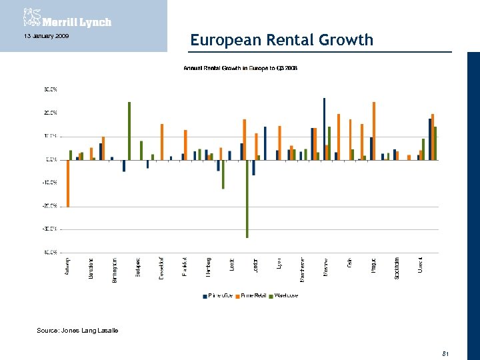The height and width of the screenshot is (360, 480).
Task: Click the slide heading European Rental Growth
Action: [281, 40]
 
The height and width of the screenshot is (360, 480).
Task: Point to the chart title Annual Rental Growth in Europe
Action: [241, 68]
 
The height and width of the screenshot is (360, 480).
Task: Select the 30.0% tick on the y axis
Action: [50, 89]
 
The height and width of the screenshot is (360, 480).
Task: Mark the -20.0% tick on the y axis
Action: [50, 206]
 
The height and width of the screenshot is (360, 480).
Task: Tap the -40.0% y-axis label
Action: [50, 253]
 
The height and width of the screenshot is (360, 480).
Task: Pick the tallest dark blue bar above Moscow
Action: [324, 129]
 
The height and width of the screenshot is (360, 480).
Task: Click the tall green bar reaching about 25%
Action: [129, 131]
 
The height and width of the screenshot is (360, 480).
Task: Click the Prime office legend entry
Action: [218, 295]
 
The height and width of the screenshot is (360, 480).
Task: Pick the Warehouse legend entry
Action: [285, 295]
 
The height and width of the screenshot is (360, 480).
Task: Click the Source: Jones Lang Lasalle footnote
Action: [77, 331]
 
